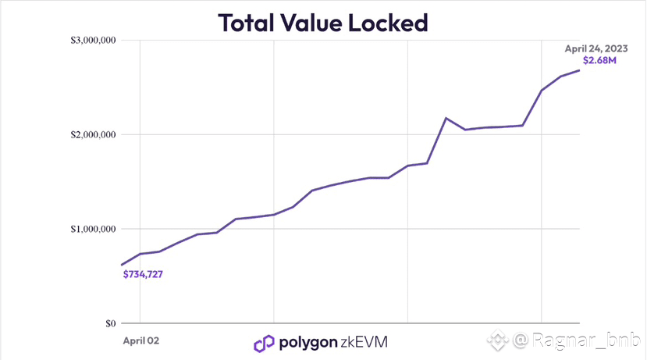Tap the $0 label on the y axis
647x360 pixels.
click(x=110, y=323)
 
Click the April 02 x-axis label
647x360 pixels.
click(x=142, y=341)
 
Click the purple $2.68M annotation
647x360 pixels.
click(x=600, y=61)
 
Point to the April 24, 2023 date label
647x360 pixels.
click(x=596, y=48)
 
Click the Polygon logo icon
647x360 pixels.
click(x=264, y=343)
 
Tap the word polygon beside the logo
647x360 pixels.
click(x=308, y=343)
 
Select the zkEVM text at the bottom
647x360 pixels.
click(x=364, y=342)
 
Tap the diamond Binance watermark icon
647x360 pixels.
click(x=499, y=340)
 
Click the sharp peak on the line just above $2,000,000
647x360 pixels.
click(x=446, y=118)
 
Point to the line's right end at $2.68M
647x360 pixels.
click(x=579, y=70)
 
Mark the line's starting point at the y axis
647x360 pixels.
click(x=122, y=265)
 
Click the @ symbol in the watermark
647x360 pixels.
click(x=521, y=340)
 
